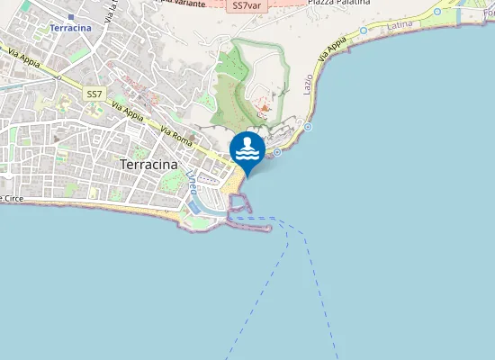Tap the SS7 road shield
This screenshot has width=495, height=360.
pos(94,94)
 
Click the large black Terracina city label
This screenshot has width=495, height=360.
pos(148,165)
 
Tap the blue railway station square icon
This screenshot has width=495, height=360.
pos(70,16)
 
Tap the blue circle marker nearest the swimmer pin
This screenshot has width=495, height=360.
pos(277,152)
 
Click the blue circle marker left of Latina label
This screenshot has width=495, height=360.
pos(363,30)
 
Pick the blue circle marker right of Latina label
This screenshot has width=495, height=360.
pos(437,12)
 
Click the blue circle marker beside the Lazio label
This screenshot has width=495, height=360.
pos(308,127)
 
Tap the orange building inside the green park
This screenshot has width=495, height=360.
pos(264,110)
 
